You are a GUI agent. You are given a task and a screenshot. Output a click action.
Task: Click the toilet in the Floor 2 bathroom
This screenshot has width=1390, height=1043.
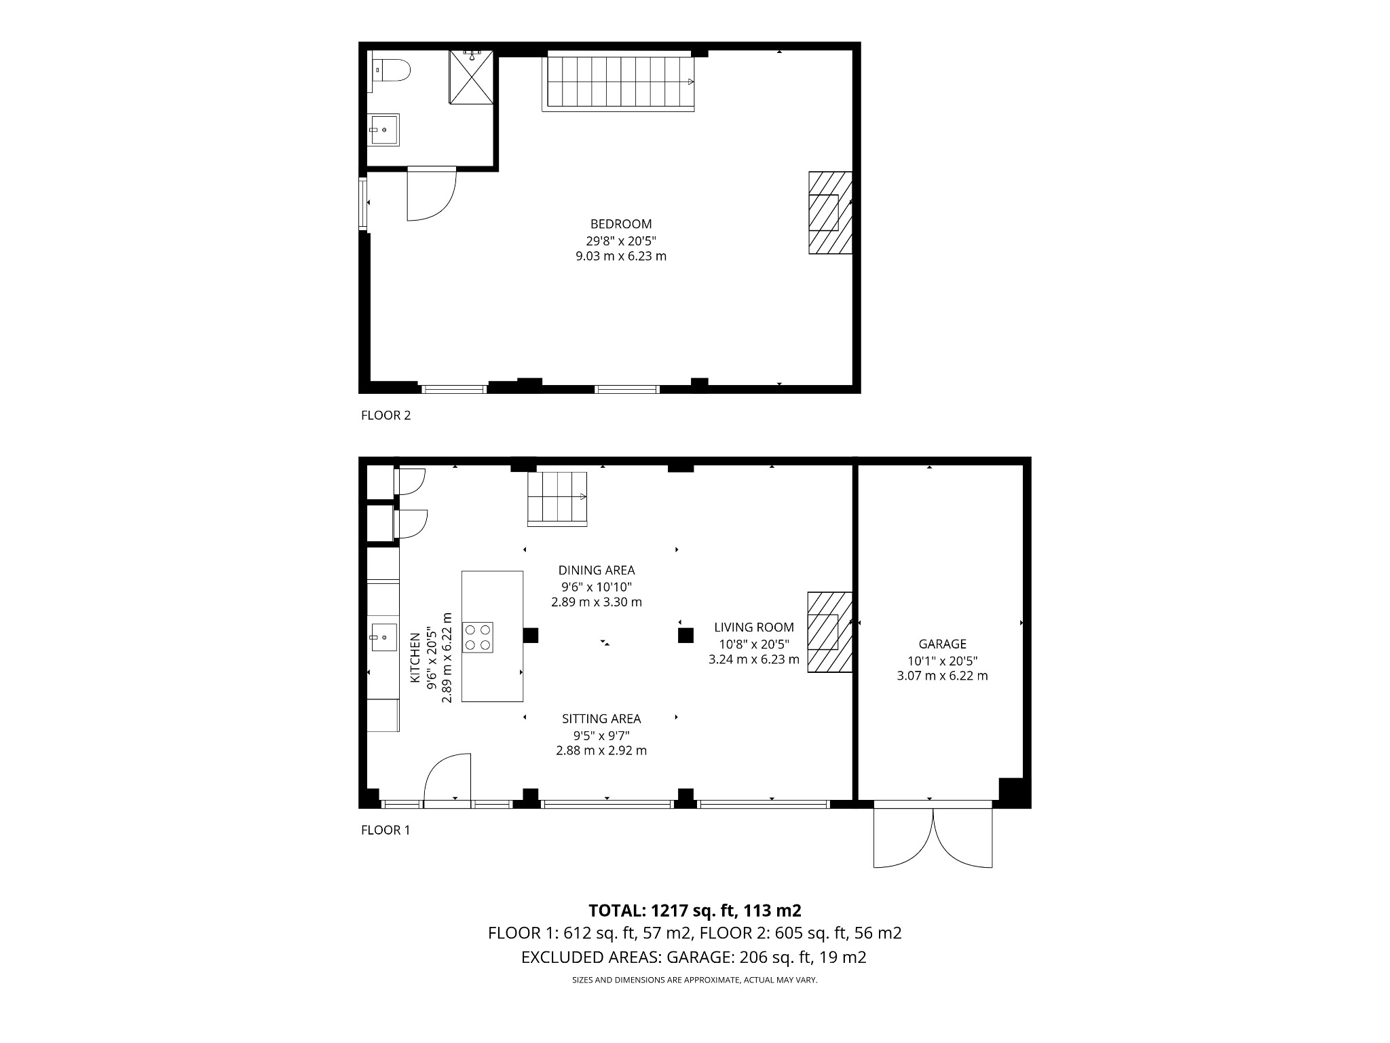point(392,71)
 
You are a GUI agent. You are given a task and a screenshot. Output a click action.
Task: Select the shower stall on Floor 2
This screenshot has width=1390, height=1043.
point(472,77)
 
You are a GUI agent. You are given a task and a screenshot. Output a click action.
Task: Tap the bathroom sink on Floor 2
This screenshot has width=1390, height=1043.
point(384,130)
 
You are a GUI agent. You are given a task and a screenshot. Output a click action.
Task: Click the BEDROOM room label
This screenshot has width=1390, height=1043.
point(620,224)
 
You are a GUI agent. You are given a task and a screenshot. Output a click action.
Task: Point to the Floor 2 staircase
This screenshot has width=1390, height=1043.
point(618,83)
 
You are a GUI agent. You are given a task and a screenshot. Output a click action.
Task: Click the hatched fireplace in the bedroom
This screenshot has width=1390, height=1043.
point(829,213)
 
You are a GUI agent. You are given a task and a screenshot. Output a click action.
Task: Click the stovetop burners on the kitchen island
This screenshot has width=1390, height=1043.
point(477,638)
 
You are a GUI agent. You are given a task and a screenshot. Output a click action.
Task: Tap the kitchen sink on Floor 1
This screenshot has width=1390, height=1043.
point(383,638)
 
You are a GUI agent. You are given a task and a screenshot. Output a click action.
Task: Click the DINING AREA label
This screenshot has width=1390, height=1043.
point(597,570)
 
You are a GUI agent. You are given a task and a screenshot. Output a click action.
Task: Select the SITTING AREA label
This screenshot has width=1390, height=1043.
point(601,718)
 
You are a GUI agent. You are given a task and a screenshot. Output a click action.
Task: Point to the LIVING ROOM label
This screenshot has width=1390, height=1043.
point(753,627)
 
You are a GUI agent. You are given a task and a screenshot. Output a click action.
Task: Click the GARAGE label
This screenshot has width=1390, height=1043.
point(942,644)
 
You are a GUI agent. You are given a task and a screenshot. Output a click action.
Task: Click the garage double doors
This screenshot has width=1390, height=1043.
point(933,837)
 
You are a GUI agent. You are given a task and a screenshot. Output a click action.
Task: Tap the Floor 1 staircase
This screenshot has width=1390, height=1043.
point(557,498)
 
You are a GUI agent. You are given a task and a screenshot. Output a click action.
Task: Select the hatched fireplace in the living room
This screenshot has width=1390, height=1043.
point(829,632)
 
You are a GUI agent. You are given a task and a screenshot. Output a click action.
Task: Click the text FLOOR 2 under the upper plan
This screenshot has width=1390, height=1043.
point(386,416)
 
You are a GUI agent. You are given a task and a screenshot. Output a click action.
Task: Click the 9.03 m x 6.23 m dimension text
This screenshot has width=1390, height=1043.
point(620,257)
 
